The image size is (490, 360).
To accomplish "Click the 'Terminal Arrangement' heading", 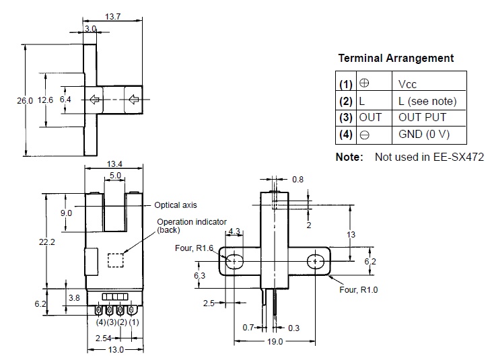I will [396, 58].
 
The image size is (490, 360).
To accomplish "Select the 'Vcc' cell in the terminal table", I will [408, 84].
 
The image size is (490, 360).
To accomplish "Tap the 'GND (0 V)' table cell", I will [424, 134].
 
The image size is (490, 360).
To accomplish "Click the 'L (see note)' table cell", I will [427, 101].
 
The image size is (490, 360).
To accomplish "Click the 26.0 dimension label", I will [24, 100].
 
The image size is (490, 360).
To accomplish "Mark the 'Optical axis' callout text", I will [176, 205].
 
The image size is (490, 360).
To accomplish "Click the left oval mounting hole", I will [235, 261].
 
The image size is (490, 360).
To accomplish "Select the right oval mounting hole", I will [315, 261].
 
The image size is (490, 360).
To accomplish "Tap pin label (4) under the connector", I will [100, 322].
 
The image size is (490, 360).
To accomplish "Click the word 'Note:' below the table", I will [368, 157].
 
